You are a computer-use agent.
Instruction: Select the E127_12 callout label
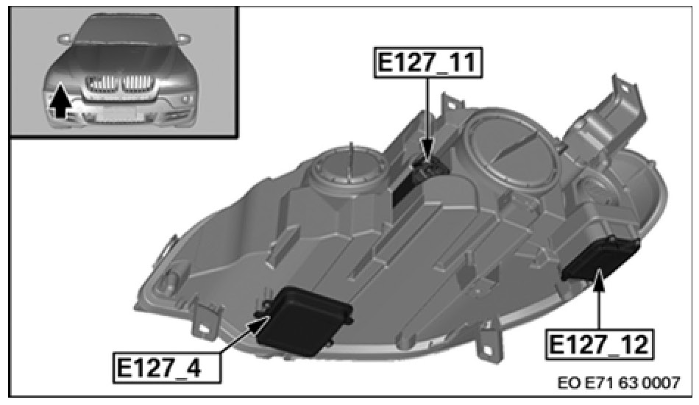pyautogui.click(x=599, y=345)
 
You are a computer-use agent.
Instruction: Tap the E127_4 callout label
pyautogui.click(x=166, y=368)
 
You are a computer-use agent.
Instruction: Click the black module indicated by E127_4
pyautogui.click(x=304, y=320)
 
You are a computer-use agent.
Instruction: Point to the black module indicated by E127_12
pyautogui.click(x=600, y=259)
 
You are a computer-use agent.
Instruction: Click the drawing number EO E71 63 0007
pyautogui.click(x=619, y=382)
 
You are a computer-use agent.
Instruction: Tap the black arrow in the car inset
pyautogui.click(x=60, y=101)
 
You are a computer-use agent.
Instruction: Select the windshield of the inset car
pyautogui.click(x=119, y=29)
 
